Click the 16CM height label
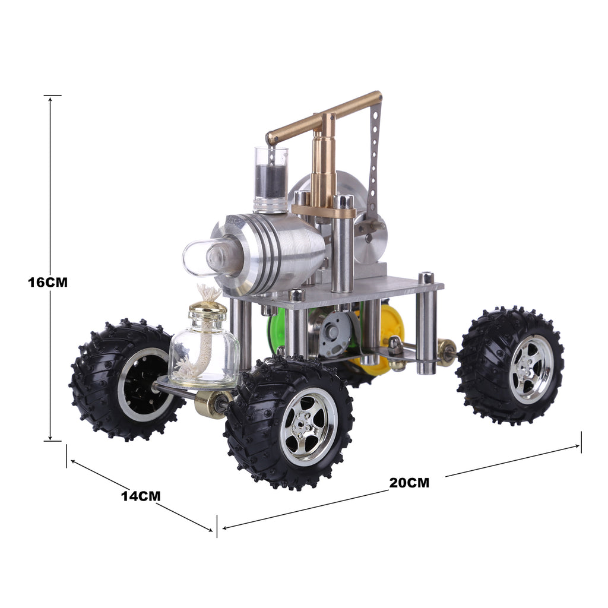coord(47,282)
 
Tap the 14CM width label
coord(141,495)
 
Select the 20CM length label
coord(409,482)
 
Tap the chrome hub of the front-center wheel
coord(308,426)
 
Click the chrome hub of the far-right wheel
coord(530,369)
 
